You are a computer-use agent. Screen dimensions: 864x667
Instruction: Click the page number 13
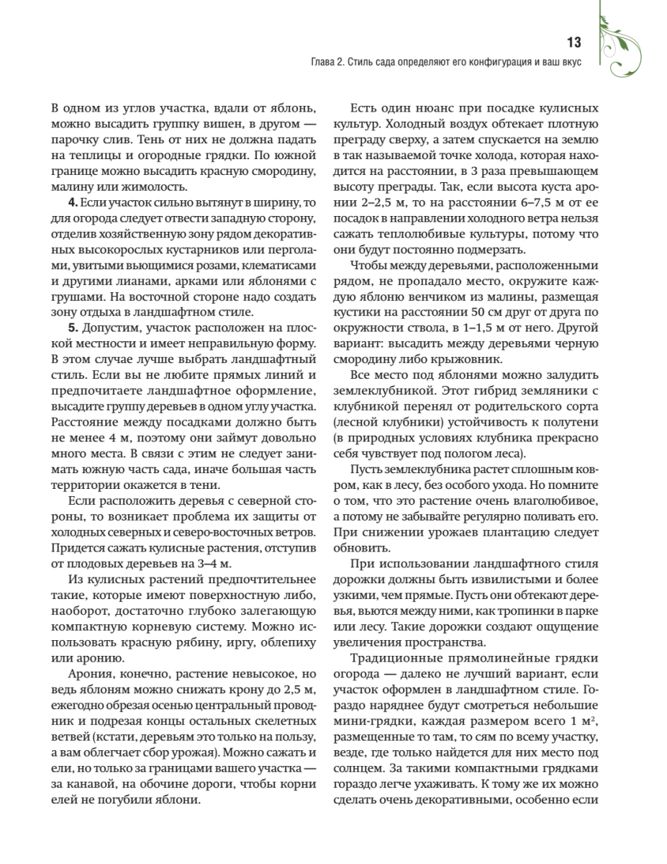[573, 42]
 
